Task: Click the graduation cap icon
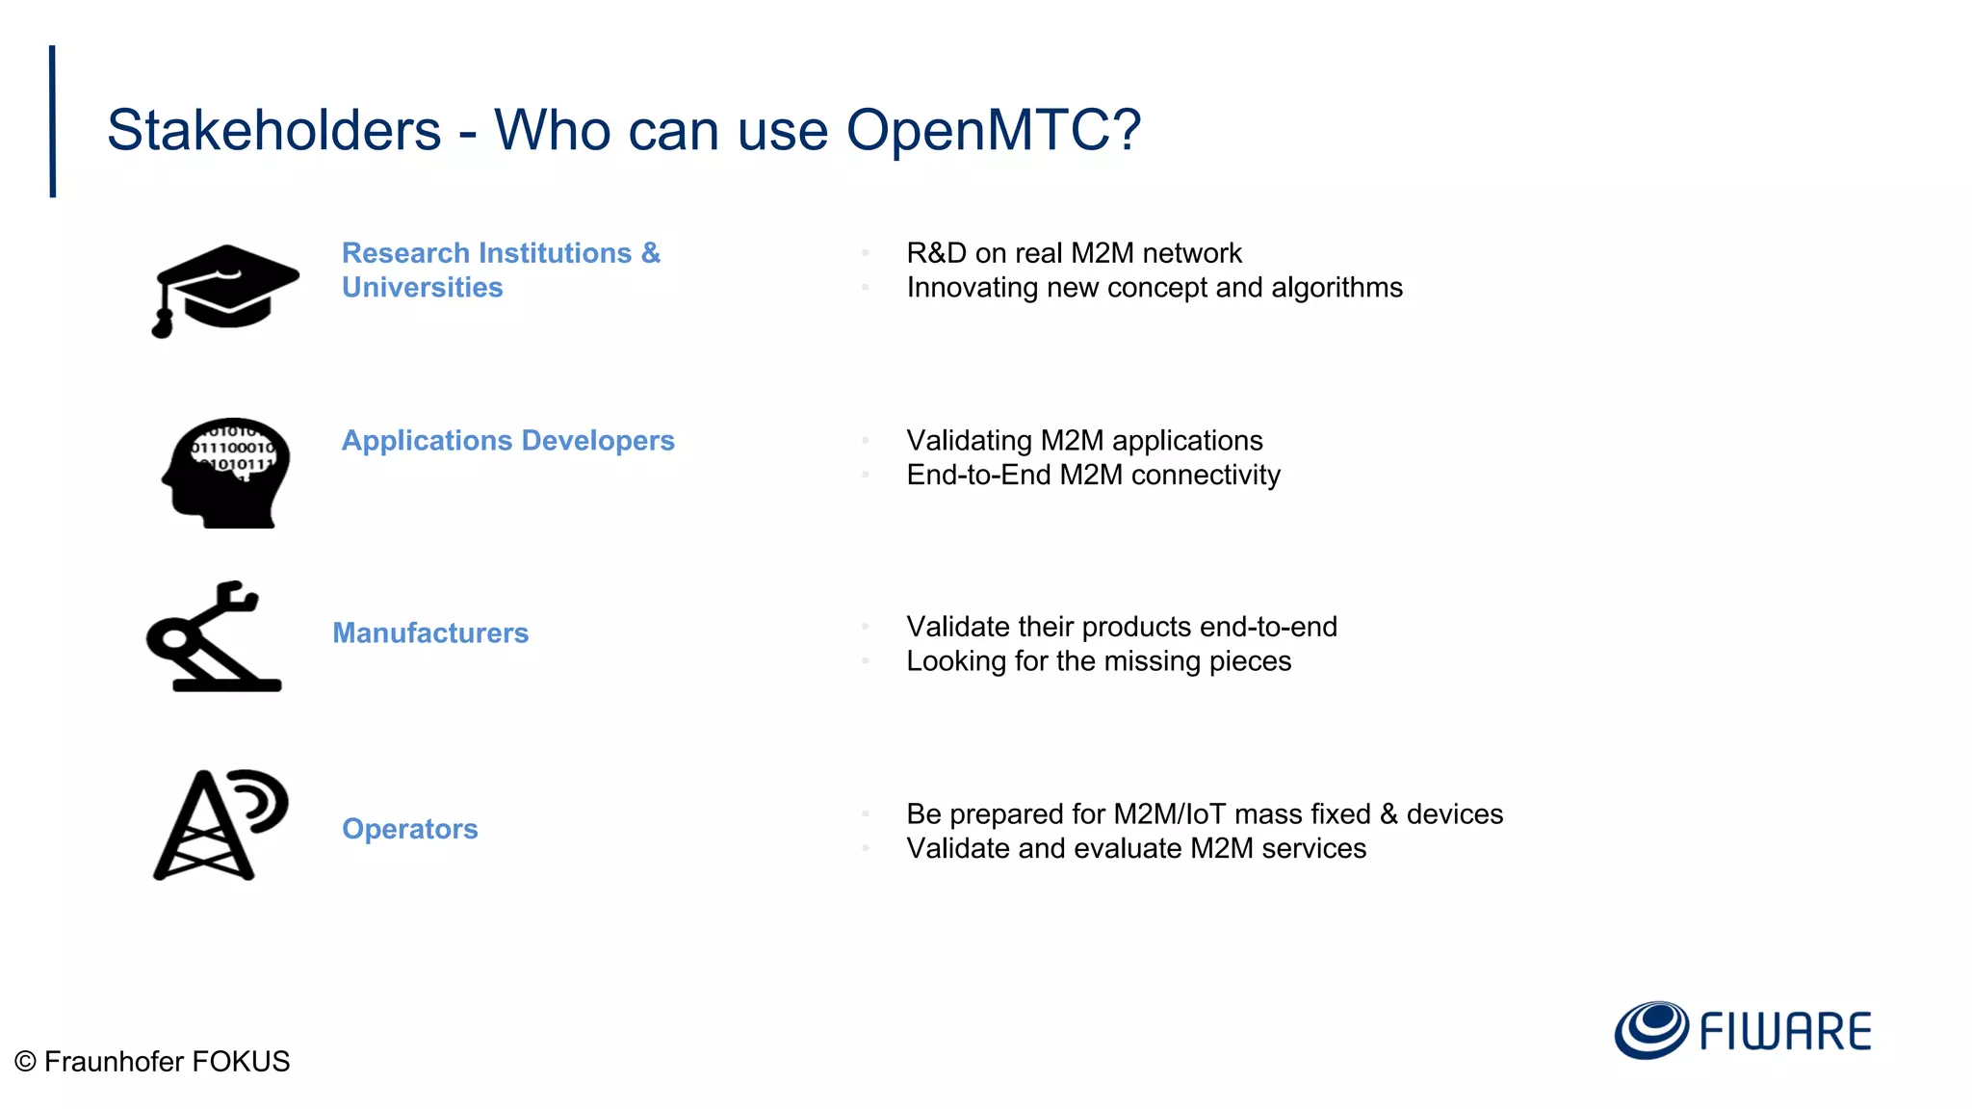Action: [x=225, y=289]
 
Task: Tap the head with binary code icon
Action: [x=227, y=473]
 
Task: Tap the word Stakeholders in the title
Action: [x=273, y=130]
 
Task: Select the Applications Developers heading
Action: [x=507, y=440]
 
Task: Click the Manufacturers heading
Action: [x=430, y=632]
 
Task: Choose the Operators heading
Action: [x=409, y=829]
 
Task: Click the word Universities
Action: [x=422, y=287]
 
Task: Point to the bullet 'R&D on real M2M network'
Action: [x=1074, y=252]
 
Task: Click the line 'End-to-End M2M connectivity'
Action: [x=1093, y=475]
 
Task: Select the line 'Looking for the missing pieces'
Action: [x=1099, y=661]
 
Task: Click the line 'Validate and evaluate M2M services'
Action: [x=1136, y=848]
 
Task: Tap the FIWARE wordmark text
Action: [x=1785, y=1031]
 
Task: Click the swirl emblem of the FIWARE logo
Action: [x=1650, y=1029]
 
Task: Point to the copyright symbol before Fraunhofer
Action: [x=26, y=1062]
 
